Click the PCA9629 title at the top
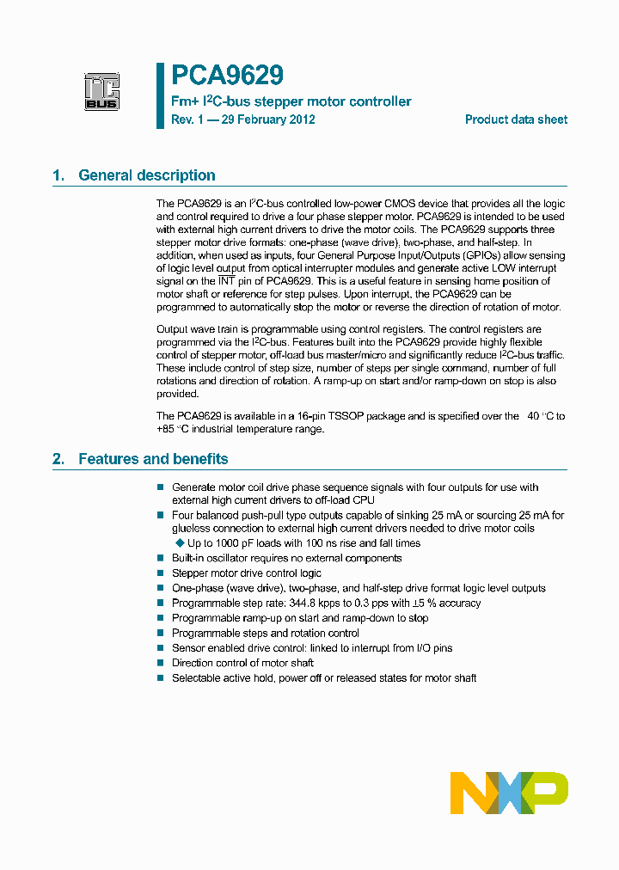coord(227,77)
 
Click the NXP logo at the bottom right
coord(509,793)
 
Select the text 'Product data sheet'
coord(516,119)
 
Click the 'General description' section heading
coord(147,175)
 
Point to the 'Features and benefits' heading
coord(153,459)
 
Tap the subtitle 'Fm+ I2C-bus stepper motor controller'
coord(291,101)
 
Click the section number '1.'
coord(58,175)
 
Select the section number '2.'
coord(58,459)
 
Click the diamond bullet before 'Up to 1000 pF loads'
coord(180,543)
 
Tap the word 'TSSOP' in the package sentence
coord(356,416)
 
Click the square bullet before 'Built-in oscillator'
coord(160,558)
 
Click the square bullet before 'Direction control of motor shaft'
coord(160,663)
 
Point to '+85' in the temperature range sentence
coord(165,429)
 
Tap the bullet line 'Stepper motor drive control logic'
coord(247,573)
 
